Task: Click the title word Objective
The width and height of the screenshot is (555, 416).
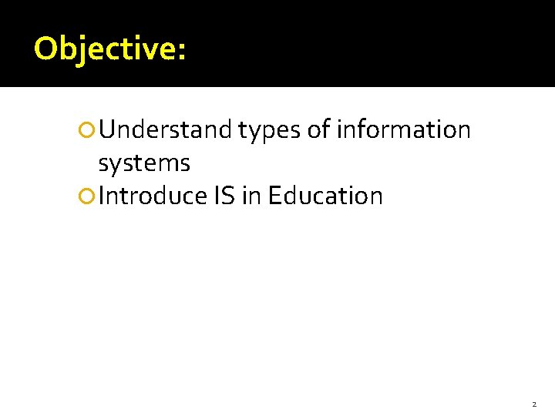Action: tap(105, 49)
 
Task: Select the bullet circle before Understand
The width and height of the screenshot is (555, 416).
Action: tap(87, 131)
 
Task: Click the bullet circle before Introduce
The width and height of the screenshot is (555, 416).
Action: tap(87, 197)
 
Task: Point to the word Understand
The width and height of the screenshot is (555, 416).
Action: tap(165, 130)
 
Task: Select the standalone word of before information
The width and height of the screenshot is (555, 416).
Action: tap(319, 130)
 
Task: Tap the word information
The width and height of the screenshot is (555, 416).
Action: tap(403, 130)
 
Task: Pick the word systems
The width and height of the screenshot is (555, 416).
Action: tap(144, 164)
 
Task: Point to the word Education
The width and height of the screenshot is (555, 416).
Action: tap(325, 196)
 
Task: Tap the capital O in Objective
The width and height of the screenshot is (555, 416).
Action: tap(45, 49)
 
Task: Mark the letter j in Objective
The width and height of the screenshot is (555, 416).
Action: tap(80, 51)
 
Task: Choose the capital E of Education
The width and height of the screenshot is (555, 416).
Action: tap(275, 196)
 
